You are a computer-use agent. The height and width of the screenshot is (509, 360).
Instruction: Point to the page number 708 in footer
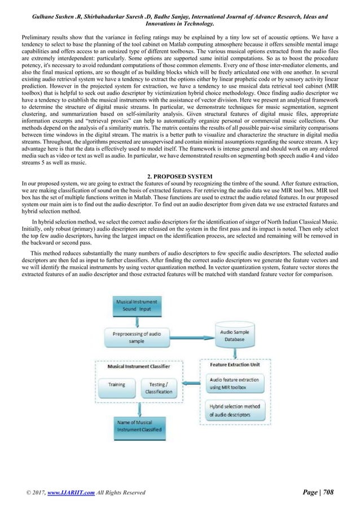(326, 493)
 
